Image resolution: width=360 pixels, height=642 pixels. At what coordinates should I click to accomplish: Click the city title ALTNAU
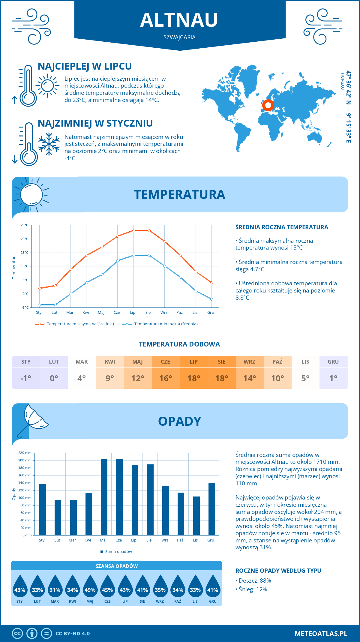[179, 20]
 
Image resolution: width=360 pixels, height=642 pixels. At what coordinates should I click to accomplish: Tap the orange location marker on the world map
[268, 105]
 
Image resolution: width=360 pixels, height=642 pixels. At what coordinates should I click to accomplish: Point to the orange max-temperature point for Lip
[133, 230]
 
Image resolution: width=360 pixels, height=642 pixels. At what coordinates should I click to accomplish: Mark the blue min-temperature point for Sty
[40, 305]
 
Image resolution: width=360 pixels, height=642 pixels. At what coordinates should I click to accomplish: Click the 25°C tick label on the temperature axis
[25, 225]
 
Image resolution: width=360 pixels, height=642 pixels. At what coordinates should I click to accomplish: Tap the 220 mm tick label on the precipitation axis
[25, 453]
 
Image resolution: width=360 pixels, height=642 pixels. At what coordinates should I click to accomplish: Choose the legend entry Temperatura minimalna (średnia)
[160, 324]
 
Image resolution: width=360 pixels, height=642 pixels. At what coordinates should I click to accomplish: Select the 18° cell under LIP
[193, 378]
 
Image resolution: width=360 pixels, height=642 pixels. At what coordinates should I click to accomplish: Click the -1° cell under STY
[26, 378]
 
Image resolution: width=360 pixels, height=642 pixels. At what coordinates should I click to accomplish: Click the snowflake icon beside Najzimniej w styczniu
[49, 144]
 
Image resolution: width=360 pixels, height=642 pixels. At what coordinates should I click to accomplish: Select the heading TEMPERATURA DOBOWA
[179, 344]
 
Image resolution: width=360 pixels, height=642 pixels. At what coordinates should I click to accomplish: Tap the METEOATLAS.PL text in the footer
[321, 633]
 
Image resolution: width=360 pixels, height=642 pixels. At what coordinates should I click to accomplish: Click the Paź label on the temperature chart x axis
[179, 313]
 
